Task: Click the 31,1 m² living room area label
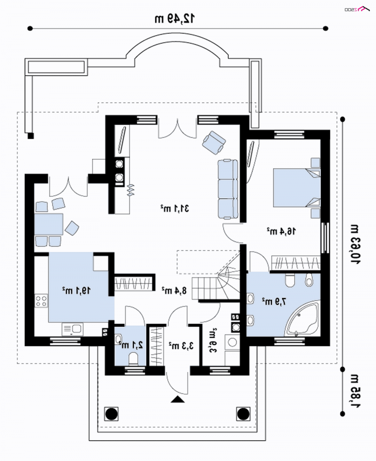click(175, 209)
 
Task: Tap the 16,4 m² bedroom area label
click(281, 231)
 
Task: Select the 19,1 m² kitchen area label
click(76, 291)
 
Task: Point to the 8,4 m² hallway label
click(174, 291)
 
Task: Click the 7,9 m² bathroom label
click(274, 301)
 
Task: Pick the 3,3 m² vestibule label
click(181, 346)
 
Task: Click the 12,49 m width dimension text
click(174, 18)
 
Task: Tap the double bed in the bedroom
click(297, 187)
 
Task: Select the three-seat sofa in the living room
click(228, 189)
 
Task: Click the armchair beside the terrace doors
click(214, 142)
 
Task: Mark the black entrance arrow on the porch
click(177, 399)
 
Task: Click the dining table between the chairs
click(49, 224)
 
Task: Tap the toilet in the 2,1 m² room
click(133, 359)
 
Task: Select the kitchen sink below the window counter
click(72, 329)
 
